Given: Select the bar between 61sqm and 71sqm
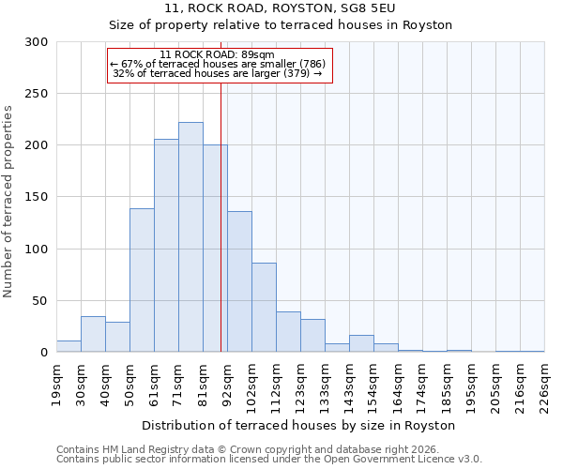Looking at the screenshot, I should [166, 246].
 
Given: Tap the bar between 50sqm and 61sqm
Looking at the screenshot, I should [142, 280].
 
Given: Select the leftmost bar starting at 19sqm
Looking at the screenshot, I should [68, 346].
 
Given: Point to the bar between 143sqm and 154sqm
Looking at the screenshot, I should [361, 344].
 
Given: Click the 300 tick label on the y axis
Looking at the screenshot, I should [37, 42].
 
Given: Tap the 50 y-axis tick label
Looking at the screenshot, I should [40, 301].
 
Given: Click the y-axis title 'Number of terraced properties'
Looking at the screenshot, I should [9, 202].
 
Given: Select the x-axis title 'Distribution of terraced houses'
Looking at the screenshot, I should [299, 425].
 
